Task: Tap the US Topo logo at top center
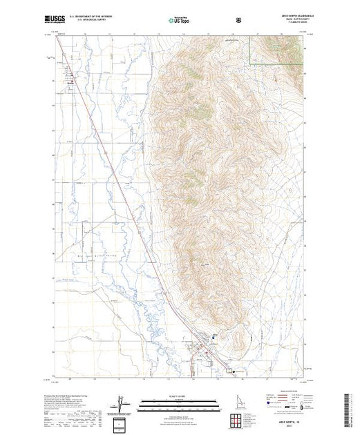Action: [x=180, y=20]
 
